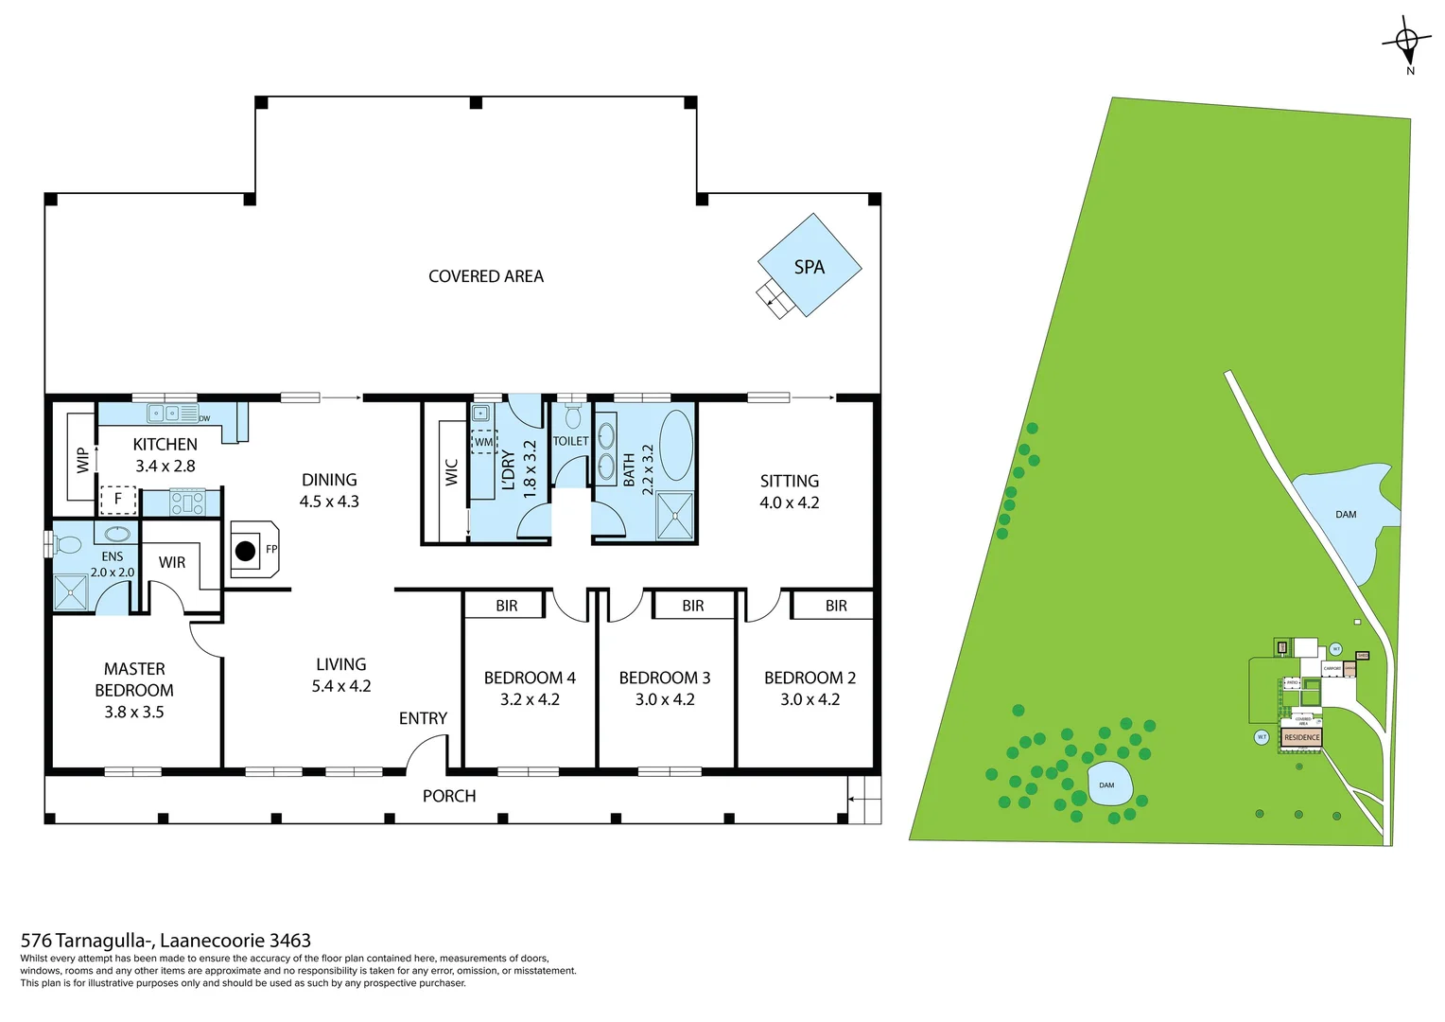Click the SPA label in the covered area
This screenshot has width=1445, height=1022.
[809, 267]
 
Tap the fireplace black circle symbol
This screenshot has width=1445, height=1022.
[246, 550]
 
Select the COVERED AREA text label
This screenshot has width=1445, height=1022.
[486, 276]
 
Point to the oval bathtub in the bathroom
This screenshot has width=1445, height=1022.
[675, 446]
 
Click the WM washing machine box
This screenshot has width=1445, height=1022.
[483, 442]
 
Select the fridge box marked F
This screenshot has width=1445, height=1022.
[118, 499]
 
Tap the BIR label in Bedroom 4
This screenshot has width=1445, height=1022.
[506, 606]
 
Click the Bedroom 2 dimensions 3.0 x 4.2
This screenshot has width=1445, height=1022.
[810, 699]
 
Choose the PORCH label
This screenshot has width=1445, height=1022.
[449, 796]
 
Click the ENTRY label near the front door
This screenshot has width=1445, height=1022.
[423, 718]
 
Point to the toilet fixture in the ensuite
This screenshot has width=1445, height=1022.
[67, 544]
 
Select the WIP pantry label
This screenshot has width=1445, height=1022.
[82, 460]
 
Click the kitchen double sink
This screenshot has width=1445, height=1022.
[164, 414]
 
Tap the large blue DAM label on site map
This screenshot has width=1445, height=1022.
[1346, 515]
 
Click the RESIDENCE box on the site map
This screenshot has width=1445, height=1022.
[1301, 737]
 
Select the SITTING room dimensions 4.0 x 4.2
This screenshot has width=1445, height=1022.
[790, 502]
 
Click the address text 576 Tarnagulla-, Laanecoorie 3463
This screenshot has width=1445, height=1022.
[165, 941]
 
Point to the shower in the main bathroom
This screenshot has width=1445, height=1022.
[674, 516]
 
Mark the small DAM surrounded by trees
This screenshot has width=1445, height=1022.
[1106, 785]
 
